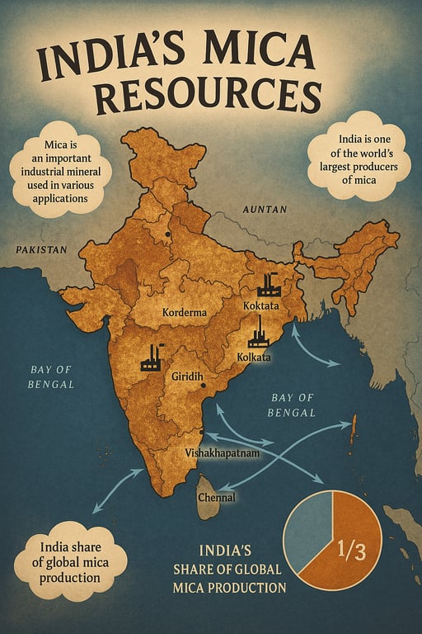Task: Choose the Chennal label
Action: (x=216, y=497)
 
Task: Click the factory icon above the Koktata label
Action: (x=268, y=285)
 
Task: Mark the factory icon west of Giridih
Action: (x=152, y=357)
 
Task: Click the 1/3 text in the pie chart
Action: (x=349, y=547)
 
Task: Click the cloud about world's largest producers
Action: (x=358, y=157)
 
